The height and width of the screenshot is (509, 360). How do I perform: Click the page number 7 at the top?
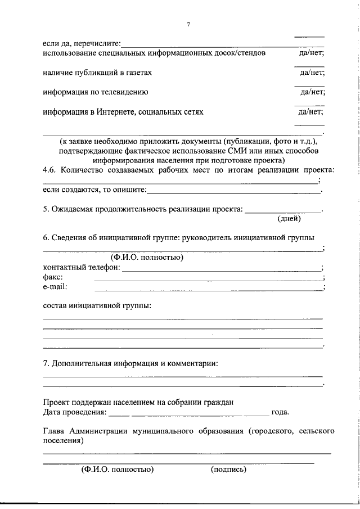189,24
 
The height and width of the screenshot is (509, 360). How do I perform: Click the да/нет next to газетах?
312,73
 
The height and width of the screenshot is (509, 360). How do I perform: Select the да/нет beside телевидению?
312,92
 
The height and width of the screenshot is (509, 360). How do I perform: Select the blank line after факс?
208,278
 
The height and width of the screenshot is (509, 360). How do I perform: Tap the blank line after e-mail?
208,289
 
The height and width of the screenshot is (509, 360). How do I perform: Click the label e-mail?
55,287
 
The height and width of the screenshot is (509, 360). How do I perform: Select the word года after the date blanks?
280,412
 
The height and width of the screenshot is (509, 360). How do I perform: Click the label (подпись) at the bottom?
228,469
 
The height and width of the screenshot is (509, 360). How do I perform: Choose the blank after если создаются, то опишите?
233,191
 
